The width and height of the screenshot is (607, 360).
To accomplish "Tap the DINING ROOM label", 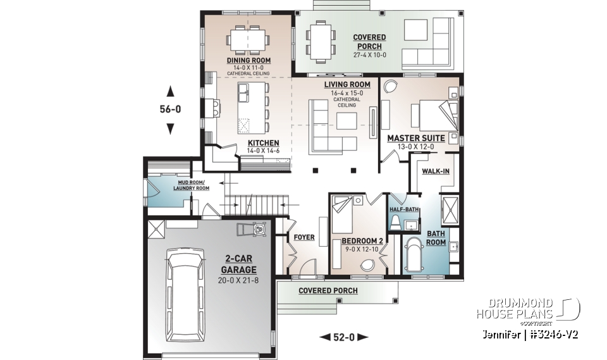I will tap(248, 61).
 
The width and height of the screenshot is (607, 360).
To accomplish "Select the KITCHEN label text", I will tap(263, 143).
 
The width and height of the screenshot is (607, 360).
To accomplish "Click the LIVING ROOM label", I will tap(347, 84).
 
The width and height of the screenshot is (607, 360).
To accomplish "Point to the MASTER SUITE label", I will tap(415, 137).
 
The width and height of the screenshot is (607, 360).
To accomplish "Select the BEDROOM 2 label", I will tap(360, 241).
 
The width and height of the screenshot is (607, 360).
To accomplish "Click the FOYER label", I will tap(304, 238).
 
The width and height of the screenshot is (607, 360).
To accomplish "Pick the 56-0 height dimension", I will tap(169, 109).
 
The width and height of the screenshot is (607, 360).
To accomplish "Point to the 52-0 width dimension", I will tap(343, 337).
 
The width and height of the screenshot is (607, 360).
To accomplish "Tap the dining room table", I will tap(248, 39).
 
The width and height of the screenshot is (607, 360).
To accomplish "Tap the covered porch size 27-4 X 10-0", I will tap(369, 55).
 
